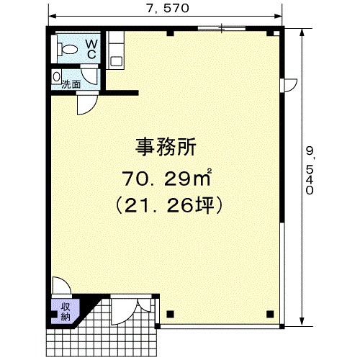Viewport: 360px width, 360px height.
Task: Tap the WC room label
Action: coord(91,50)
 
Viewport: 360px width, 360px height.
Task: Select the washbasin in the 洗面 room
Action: coord(56,77)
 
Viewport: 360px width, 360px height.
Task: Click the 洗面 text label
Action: coord(71,84)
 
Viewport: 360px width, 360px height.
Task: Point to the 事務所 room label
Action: coord(166,147)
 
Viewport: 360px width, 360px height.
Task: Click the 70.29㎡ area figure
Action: coord(167,179)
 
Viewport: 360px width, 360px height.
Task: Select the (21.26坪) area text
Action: coord(168,205)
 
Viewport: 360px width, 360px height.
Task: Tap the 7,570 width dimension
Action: coord(168,9)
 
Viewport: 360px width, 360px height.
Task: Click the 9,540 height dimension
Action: coord(310,171)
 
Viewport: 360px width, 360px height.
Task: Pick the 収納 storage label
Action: coord(66,312)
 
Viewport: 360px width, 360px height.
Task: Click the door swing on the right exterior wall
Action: coord(289,85)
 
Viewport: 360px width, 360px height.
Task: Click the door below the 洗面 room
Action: coord(87,105)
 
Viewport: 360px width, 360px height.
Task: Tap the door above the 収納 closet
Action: coord(61,286)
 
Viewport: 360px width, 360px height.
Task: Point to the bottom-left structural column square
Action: coord(170,314)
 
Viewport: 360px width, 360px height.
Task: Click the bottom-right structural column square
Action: coord(270,314)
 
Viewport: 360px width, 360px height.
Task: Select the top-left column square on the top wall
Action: coord(170,33)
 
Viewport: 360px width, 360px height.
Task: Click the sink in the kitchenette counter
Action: coord(117,62)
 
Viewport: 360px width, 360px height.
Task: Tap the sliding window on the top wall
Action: coord(222,28)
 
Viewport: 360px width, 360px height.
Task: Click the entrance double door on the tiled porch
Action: coord(132,312)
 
